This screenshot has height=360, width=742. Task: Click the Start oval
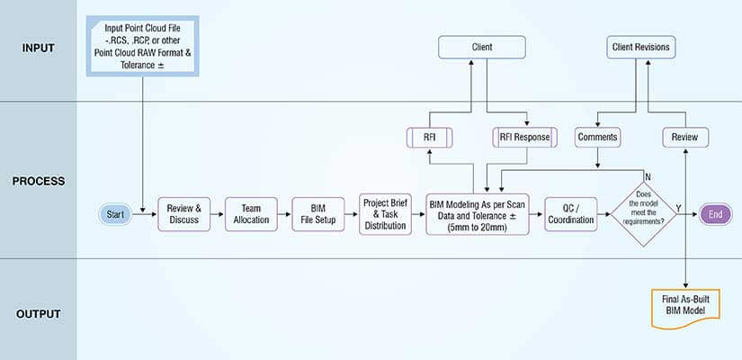(115, 214)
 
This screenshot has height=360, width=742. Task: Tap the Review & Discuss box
(184, 214)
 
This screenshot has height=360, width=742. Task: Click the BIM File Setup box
(319, 214)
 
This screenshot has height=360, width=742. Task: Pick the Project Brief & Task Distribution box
(385, 214)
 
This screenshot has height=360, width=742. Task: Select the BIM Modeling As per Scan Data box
(480, 213)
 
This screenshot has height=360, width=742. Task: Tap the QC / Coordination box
(570, 214)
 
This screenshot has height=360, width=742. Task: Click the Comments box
(598, 138)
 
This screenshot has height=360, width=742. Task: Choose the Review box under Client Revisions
(686, 138)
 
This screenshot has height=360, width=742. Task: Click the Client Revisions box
(639, 46)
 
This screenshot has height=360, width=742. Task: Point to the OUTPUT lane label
(39, 313)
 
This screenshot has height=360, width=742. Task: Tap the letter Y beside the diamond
(678, 208)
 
